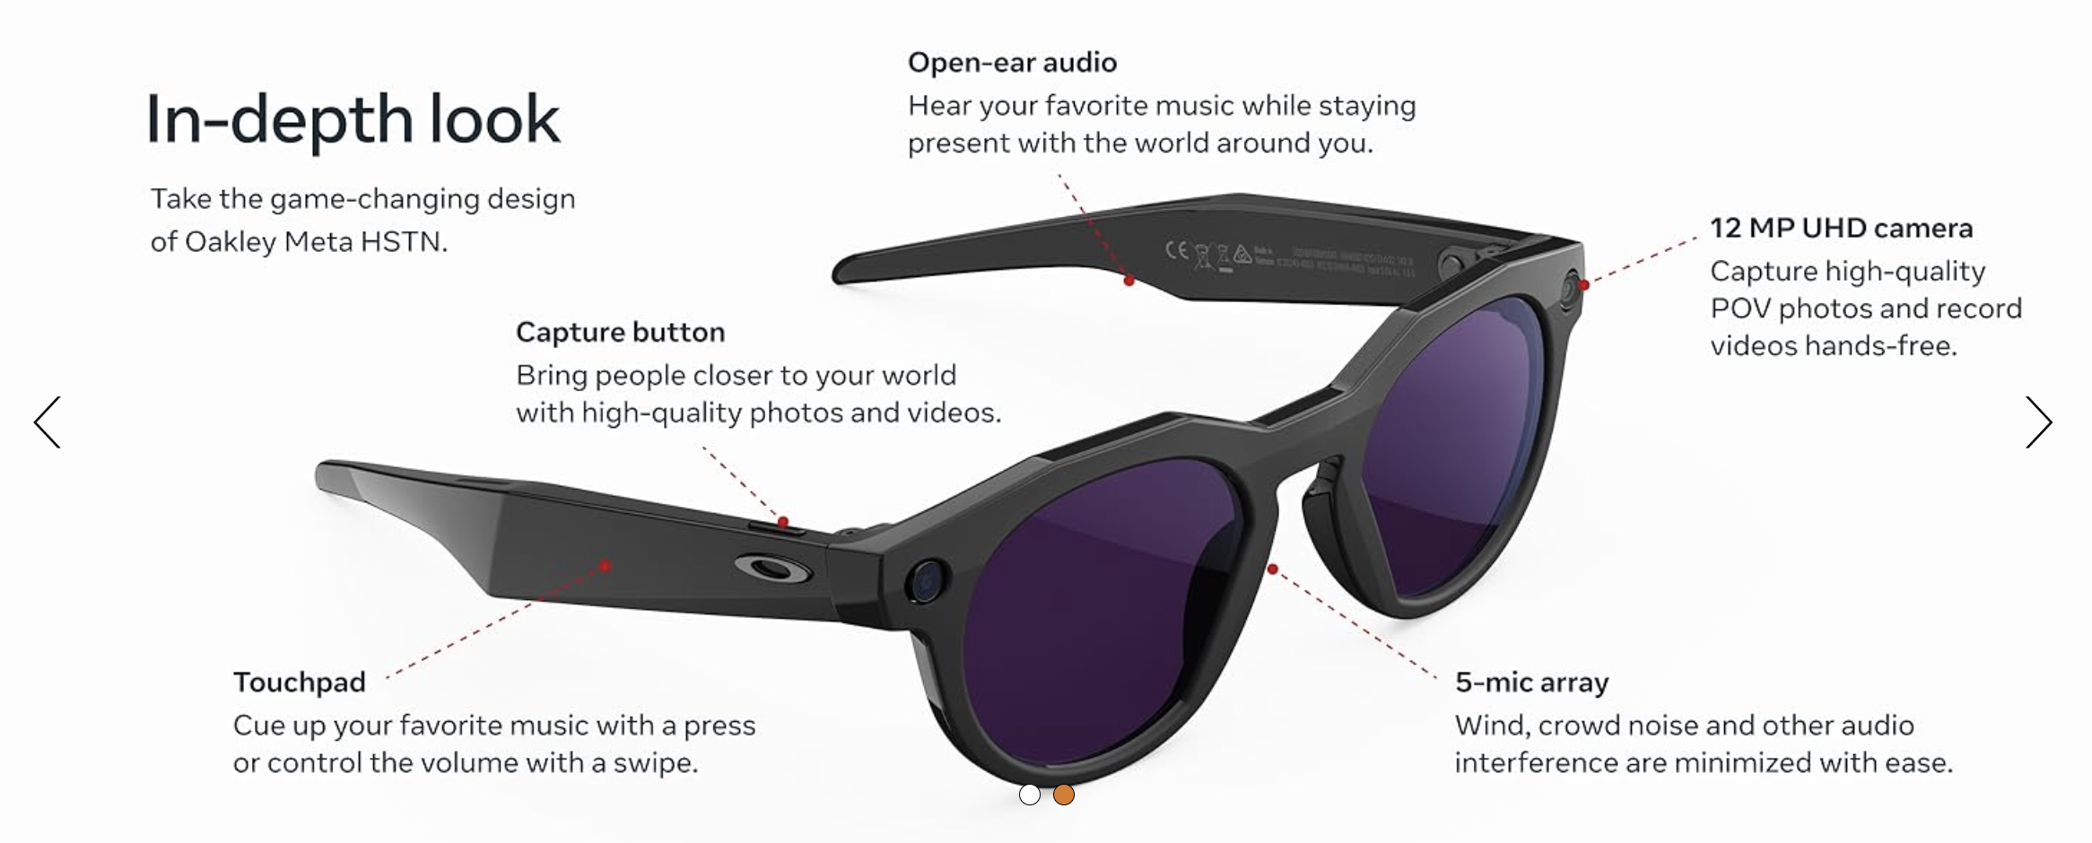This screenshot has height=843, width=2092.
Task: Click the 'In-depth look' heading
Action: pyautogui.click(x=353, y=120)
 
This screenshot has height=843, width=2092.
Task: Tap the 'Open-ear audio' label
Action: pyautogui.click(x=1012, y=63)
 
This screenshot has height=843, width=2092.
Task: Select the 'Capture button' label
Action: pyautogui.click(x=620, y=333)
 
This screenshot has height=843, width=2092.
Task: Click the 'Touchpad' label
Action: pyautogui.click(x=299, y=682)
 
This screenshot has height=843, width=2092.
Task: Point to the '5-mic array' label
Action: pyautogui.click(x=1531, y=682)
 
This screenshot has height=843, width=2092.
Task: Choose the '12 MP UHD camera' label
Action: pyautogui.click(x=1841, y=229)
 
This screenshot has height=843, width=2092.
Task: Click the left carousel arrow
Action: pyautogui.click(x=48, y=422)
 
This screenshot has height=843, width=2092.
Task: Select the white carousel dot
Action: pyautogui.click(x=1030, y=795)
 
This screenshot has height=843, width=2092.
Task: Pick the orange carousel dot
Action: pyautogui.click(x=1064, y=795)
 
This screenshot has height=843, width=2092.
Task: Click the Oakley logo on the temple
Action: pyautogui.click(x=773, y=569)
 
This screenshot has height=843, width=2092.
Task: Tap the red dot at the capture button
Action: pyautogui.click(x=783, y=521)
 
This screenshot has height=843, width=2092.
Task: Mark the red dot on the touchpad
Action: pyautogui.click(x=606, y=565)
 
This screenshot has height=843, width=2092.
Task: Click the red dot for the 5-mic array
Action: pyautogui.click(x=1272, y=569)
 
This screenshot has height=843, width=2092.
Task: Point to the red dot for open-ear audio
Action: pyautogui.click(x=1129, y=281)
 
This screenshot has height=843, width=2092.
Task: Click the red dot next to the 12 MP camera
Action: pyautogui.click(x=1584, y=285)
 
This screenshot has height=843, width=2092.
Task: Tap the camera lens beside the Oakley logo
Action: pyautogui.click(x=926, y=579)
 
